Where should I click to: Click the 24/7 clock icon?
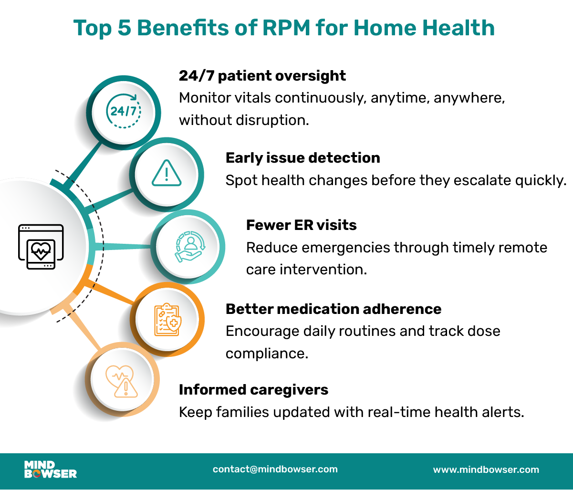pos(124,111)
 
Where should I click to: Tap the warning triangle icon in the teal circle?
pos(167,173)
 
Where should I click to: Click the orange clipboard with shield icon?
pos(168,320)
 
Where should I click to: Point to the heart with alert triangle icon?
pos(122,381)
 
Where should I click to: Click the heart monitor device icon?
pos(41,247)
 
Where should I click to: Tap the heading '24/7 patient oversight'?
pos(262,76)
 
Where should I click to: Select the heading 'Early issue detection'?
pos(302,158)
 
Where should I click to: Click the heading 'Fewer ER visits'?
pos(302,225)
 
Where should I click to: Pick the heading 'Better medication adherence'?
pos(333,309)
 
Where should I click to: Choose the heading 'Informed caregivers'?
pos(254,390)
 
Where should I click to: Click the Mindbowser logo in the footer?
pos(51,469)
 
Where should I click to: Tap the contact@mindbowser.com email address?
pos(275,469)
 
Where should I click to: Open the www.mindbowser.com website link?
pos(486,470)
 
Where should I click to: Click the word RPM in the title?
pos(286,28)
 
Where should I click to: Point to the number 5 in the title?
pos(124,28)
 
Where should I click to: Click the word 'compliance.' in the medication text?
pos(267,354)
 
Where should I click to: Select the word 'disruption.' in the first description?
pos(272,120)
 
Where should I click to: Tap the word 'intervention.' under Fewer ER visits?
pos(323,270)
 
